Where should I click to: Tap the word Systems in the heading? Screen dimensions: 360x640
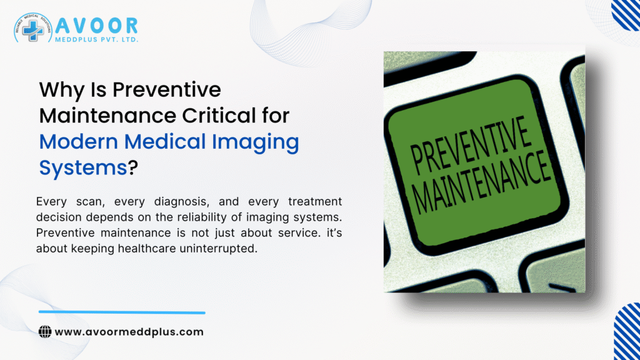tap(82, 167)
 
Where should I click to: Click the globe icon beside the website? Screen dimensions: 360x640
tap(45, 332)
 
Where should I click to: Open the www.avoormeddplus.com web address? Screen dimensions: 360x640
tap(129, 332)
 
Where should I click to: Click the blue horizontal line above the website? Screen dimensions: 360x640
tap(122, 312)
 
